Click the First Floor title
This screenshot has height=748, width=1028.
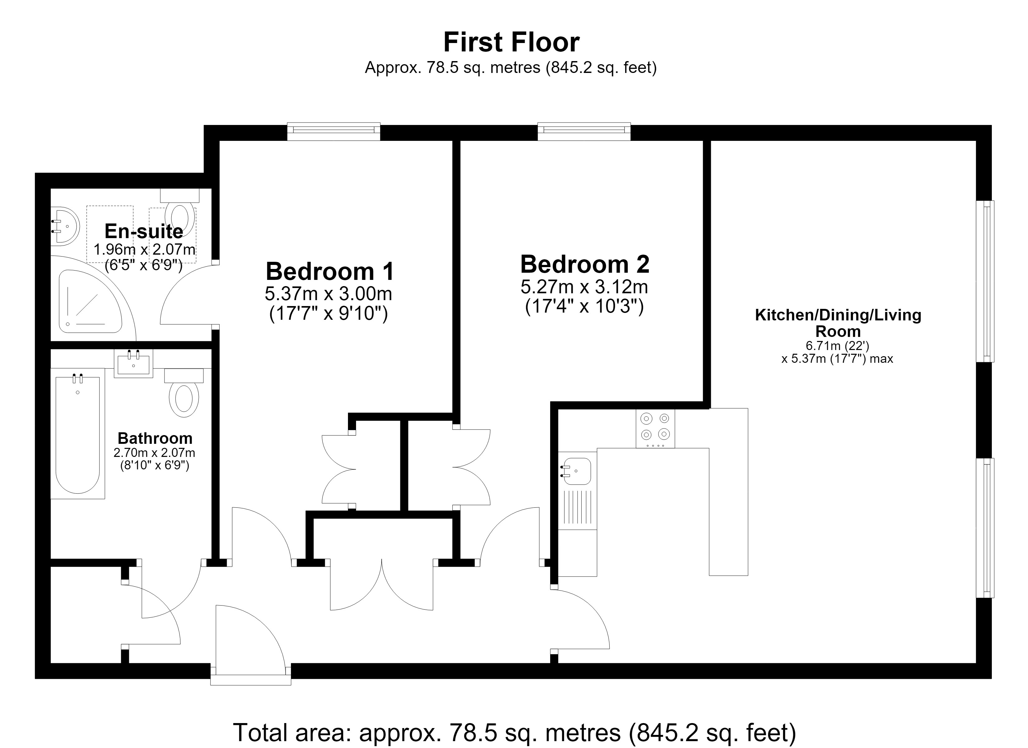tap(511, 43)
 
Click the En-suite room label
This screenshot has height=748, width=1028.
tap(144, 231)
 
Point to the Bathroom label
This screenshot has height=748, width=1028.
tap(155, 438)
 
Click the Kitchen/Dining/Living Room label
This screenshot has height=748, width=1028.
tap(838, 323)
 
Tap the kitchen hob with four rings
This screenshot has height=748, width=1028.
tap(655, 428)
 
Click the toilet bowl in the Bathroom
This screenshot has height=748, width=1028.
tap(183, 398)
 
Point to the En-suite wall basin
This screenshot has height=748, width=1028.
tap(64, 226)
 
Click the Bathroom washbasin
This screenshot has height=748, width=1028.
tap(133, 363)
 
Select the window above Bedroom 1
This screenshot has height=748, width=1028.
tap(334, 131)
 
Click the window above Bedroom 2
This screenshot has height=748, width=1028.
tap(584, 131)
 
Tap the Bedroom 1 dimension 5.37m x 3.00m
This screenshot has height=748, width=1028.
tap(328, 294)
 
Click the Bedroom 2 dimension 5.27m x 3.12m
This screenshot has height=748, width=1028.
tap(584, 287)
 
